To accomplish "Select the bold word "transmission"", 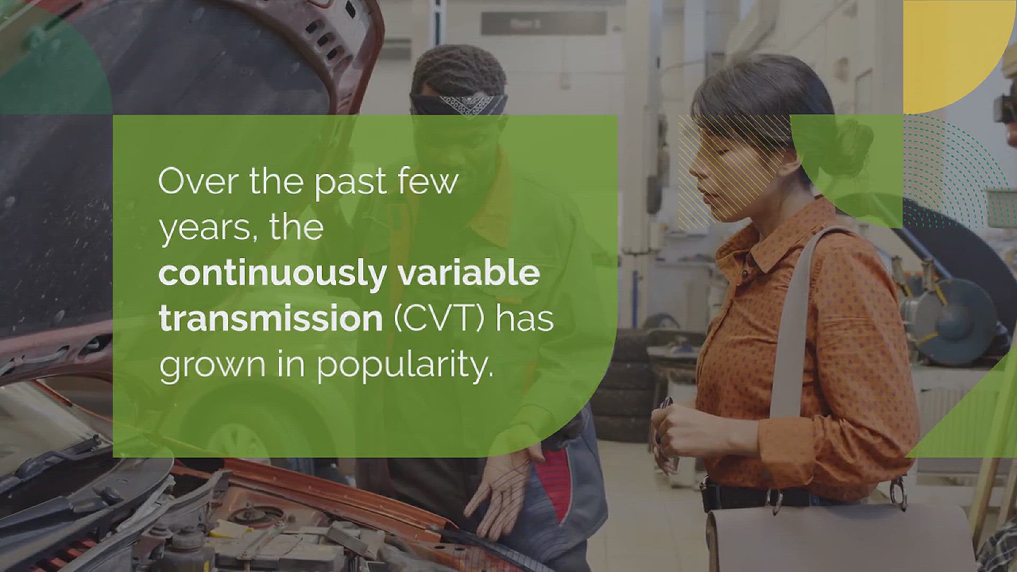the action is (270, 318).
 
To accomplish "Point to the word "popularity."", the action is (405, 366).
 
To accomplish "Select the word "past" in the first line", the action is (350, 184).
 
